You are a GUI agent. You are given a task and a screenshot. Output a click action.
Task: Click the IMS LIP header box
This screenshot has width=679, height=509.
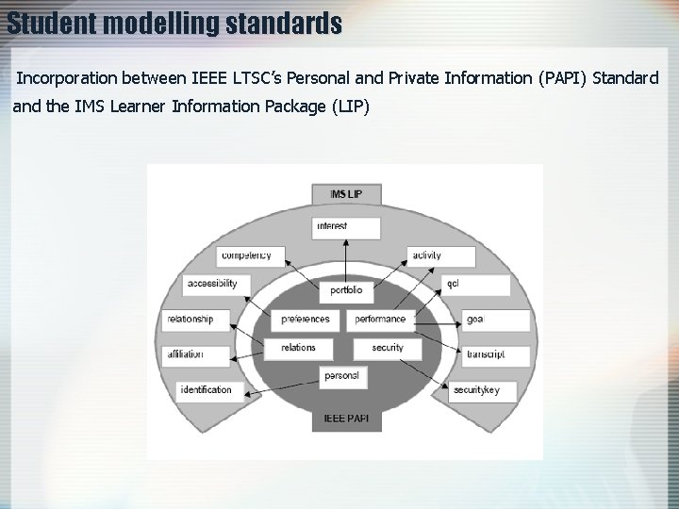pos(346,194)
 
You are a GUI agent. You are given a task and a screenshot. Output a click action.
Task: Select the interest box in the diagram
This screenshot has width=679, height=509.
pos(346,227)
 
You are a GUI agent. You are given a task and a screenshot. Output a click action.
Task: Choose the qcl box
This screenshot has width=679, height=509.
pos(476,284)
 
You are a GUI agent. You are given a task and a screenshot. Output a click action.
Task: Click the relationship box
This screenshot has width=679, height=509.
pos(195,320)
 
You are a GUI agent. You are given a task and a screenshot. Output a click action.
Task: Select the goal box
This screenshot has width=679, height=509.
pos(496,320)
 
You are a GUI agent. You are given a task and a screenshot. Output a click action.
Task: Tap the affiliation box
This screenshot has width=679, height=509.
pos(195,355)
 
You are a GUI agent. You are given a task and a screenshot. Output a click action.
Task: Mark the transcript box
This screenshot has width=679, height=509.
pos(496,355)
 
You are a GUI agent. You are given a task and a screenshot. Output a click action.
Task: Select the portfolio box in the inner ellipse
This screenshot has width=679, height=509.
pos(346,291)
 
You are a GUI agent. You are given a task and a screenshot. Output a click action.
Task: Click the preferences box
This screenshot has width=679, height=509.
pos(306,320)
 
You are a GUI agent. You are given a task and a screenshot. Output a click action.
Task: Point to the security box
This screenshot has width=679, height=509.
pos(388,348)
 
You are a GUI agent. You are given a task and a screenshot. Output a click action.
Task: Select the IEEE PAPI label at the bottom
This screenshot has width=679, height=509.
pos(346,418)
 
